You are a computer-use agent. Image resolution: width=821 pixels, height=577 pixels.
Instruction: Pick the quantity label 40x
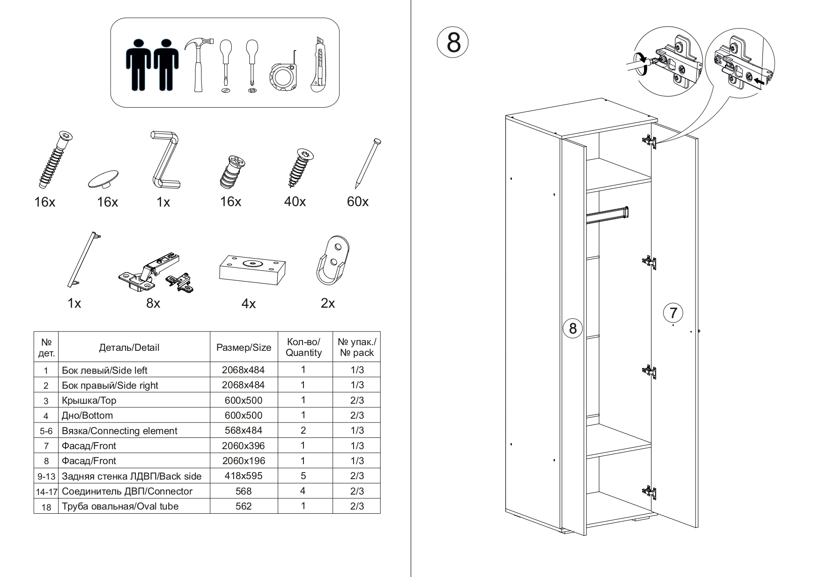tap(295, 202)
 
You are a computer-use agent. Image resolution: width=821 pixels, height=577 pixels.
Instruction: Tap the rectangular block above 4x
tap(252, 270)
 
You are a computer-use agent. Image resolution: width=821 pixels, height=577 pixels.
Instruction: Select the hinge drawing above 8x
tap(155, 274)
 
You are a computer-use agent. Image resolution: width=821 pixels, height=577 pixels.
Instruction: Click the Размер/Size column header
tap(244, 348)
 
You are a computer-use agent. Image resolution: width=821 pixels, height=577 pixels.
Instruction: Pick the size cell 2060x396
tap(244, 446)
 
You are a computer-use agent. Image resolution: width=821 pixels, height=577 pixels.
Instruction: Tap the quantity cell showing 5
tap(303, 476)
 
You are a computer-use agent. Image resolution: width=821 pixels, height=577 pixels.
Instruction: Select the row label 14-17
tap(46, 492)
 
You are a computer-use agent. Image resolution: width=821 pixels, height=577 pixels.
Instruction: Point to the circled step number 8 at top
tap(453, 43)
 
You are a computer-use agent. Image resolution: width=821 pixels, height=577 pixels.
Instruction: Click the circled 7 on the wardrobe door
tap(673, 312)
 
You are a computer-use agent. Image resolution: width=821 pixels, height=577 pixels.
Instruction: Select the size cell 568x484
tap(244, 430)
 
